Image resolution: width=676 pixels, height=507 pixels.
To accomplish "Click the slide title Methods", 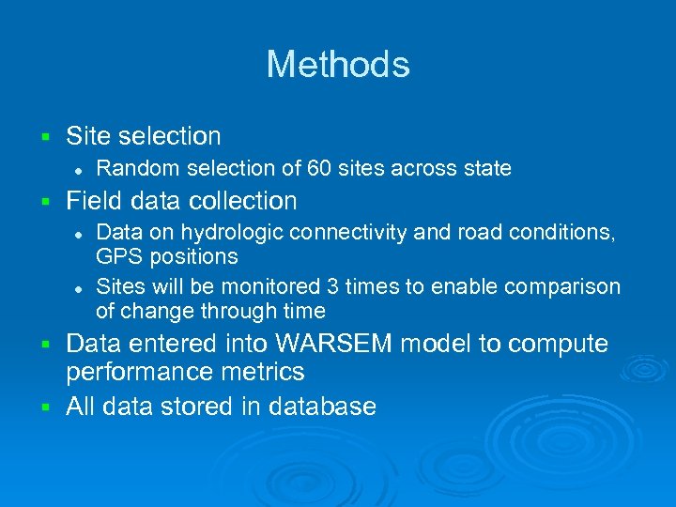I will (338, 65).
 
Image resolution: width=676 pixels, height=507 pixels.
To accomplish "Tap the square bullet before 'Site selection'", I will (44, 137).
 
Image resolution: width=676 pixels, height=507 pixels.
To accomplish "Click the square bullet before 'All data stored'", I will (44, 407).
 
